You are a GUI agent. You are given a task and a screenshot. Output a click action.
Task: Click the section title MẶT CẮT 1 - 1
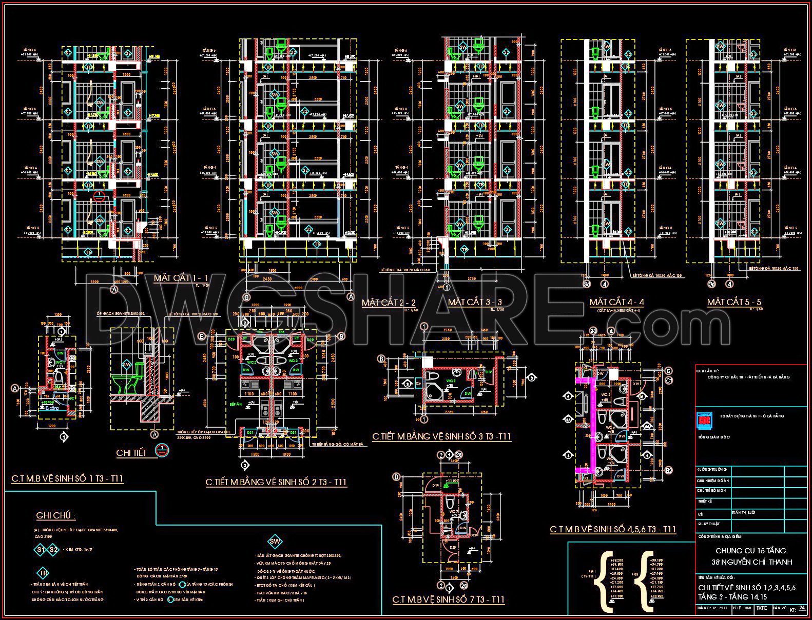pos(181,278)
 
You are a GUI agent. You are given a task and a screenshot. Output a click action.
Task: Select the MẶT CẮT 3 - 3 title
pos(475,303)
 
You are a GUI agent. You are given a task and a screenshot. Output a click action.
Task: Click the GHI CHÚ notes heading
pos(56,516)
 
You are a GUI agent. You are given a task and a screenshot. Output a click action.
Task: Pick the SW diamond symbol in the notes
pos(275,542)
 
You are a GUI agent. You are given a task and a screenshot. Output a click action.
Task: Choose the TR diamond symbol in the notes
pos(44,573)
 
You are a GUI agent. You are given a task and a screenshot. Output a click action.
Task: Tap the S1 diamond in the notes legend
pos(41,550)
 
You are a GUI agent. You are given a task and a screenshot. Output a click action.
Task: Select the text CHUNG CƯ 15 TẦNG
pos(750,551)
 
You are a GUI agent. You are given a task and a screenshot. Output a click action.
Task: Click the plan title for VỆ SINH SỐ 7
pos(448,599)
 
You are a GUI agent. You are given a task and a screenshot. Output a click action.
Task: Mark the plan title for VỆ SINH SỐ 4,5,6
pos(613,529)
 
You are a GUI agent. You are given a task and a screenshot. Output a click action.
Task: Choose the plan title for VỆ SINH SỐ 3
pos(441,437)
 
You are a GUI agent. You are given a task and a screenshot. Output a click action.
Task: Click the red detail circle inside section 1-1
pos(100,195)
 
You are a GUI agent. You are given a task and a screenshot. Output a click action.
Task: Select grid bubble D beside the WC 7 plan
pos(396,477)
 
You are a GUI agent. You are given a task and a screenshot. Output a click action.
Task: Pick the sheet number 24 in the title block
pos(802,608)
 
